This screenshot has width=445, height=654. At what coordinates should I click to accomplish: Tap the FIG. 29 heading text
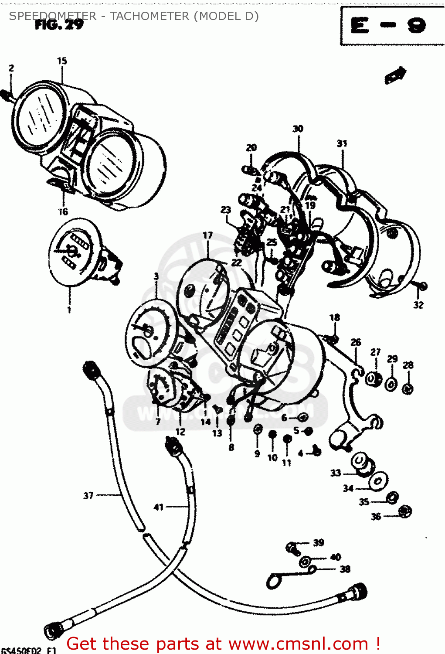click(x=59, y=25)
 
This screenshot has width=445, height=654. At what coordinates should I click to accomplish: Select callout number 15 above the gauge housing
click(x=62, y=61)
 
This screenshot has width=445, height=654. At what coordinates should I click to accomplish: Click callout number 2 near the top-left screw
click(x=11, y=68)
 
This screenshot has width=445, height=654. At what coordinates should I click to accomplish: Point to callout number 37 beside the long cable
click(x=88, y=496)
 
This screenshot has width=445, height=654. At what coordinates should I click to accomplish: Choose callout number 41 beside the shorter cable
click(x=159, y=507)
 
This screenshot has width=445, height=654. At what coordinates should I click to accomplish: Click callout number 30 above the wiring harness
click(x=298, y=129)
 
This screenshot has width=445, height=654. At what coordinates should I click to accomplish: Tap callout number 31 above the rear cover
click(x=342, y=143)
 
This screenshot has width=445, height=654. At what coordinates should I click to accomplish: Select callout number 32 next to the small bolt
click(x=418, y=305)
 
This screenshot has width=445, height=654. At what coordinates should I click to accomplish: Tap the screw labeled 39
click(x=292, y=548)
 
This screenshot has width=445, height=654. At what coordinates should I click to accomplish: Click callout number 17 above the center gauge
click(x=207, y=235)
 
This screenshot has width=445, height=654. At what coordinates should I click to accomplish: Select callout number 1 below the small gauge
click(x=69, y=310)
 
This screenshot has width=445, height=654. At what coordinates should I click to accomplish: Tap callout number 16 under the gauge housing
click(x=63, y=212)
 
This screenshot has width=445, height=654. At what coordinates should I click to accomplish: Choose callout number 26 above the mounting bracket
click(x=356, y=342)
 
